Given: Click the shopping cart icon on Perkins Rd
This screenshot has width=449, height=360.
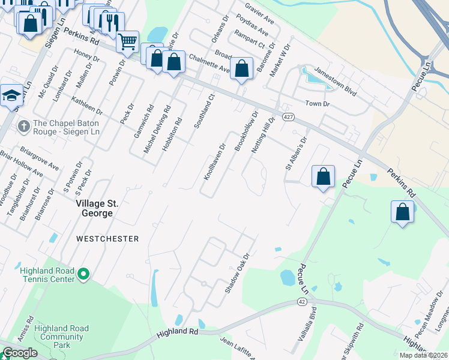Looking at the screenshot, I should pos(127,43).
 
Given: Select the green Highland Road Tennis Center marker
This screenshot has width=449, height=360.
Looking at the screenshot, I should pos(83,275).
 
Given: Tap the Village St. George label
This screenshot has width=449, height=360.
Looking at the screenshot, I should pos(97,208).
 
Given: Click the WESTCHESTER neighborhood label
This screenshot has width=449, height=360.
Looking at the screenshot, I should pos(107,239).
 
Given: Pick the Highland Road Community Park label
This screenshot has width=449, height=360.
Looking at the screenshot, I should pos(62,337).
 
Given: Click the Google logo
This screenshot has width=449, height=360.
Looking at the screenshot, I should pos(20,353).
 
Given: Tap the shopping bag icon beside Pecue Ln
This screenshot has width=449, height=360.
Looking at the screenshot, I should pos(323,176).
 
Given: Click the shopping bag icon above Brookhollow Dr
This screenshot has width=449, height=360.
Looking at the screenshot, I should pos(241,69).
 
